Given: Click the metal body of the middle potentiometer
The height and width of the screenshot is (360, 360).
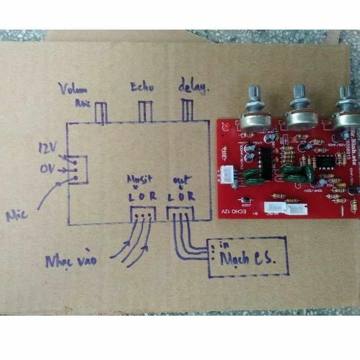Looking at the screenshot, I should [301, 119].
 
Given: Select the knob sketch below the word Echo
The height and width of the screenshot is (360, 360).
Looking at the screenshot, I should [145, 111].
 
